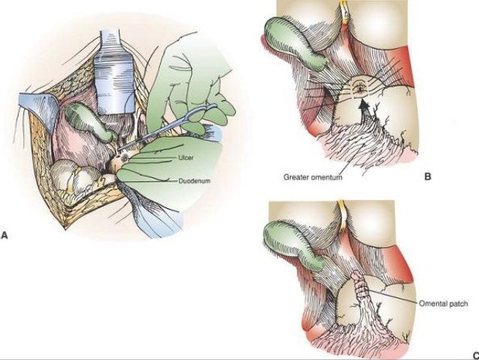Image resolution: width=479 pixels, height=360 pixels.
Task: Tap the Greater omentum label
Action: pyautogui.click(x=313, y=179)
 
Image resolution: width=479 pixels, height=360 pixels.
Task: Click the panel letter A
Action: pyautogui.click(x=6, y=234)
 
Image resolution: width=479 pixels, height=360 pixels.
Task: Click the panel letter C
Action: pyautogui.click(x=474, y=355)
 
